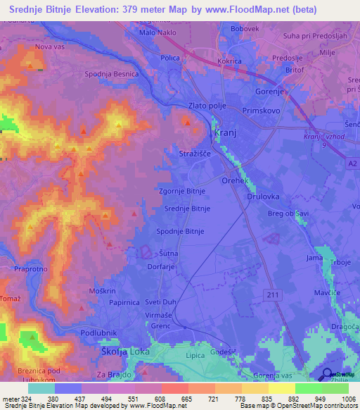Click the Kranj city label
pos(225,133)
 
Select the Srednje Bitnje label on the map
pos(187,209)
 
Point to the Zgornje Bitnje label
pos(182,191)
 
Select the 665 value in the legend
pos(184,399)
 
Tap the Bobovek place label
pos(245,29)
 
